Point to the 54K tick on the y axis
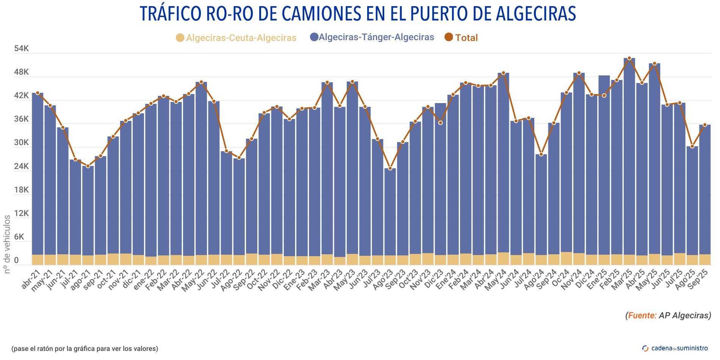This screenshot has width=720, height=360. (x=21, y=49)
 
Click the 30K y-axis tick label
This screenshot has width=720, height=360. (x=21, y=143)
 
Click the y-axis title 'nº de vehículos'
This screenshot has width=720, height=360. (x=7, y=244)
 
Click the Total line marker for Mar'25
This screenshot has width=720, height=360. (x=629, y=58)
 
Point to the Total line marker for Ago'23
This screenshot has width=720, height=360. (x=390, y=168)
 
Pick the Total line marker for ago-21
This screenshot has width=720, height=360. (x=88, y=166)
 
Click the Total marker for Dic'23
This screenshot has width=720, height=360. (x=440, y=123)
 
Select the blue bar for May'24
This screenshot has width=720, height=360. (x=503, y=163)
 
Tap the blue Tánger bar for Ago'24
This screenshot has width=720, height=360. (x=541, y=205)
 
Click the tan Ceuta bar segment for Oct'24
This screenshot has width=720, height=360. (x=566, y=258)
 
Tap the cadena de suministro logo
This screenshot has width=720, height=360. (x=675, y=348)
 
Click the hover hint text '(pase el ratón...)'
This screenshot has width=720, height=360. (x=85, y=348)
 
